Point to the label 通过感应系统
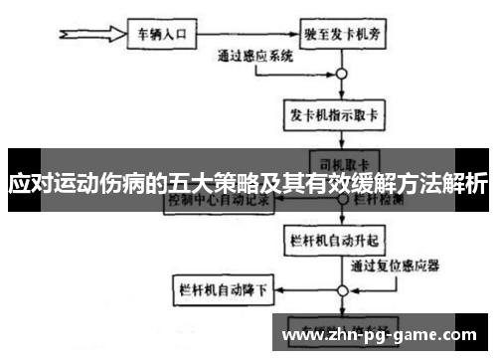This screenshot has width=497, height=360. (x=255, y=58)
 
